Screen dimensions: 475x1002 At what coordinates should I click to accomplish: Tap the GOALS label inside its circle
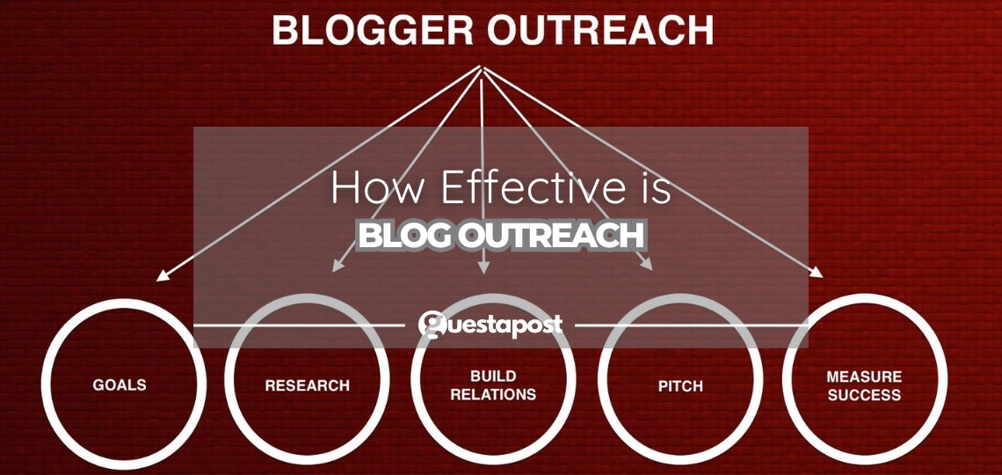click(120, 385)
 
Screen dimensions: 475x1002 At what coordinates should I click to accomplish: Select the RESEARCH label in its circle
click(307, 385)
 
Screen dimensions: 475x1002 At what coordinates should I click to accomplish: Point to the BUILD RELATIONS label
click(493, 385)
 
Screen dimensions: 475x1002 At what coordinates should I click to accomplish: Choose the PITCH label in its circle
click(679, 385)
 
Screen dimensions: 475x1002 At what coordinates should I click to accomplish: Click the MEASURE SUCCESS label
click(864, 385)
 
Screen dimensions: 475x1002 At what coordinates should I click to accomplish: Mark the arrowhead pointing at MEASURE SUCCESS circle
click(817, 274)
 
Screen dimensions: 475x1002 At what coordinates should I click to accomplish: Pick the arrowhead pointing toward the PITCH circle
click(647, 264)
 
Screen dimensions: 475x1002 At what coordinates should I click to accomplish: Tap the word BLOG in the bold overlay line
click(406, 235)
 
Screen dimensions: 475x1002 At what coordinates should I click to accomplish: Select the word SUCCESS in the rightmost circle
click(864, 395)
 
